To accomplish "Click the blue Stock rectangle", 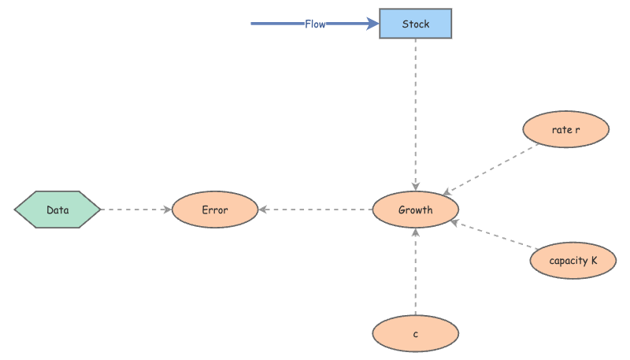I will click(x=415, y=24).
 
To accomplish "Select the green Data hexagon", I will click(x=57, y=210).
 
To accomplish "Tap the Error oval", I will click(x=214, y=210).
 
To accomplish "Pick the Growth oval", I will click(x=415, y=210).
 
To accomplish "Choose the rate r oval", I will click(x=565, y=129).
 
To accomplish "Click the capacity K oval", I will click(x=573, y=260).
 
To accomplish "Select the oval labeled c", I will click(x=415, y=333).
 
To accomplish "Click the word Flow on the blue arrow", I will click(x=315, y=24).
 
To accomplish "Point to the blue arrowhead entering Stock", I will click(x=372, y=24).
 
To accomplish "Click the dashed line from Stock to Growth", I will click(x=415, y=110).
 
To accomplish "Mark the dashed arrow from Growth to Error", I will click(x=315, y=210).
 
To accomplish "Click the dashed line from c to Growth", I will click(x=415, y=272).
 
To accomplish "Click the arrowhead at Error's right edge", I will click(x=263, y=210).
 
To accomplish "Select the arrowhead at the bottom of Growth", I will click(x=415, y=233).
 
